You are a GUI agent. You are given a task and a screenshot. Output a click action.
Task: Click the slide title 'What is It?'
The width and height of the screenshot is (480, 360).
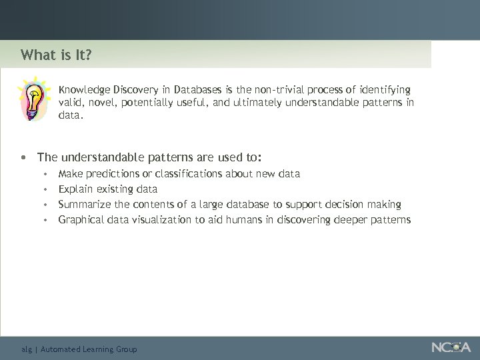tap(56, 55)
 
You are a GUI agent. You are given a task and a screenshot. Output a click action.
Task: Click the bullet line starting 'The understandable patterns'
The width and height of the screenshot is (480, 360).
tap(149, 157)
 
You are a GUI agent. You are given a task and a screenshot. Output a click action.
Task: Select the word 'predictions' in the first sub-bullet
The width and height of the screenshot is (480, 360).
tap(109, 173)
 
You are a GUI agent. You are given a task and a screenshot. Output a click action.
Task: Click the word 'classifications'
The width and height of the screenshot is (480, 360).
tap(189, 173)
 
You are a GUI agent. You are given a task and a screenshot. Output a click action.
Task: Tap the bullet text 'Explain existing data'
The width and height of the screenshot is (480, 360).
tap(107, 189)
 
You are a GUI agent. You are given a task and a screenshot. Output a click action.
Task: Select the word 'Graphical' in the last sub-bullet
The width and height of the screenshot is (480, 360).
tap(81, 219)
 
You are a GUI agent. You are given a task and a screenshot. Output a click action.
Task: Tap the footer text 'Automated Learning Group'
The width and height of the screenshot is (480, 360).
tap(89, 349)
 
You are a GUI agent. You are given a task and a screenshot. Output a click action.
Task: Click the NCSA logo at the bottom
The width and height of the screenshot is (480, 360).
tap(451, 347)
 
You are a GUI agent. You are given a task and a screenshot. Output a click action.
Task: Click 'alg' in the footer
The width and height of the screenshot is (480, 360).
tap(26, 349)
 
